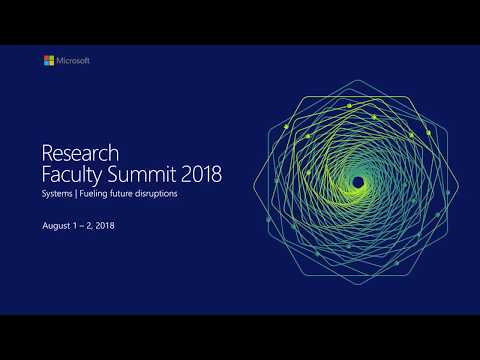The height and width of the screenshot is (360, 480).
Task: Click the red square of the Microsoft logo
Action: click(46, 58)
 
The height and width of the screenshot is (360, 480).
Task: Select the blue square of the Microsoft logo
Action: click(46, 64)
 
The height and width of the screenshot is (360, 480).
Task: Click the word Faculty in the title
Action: click(72, 174)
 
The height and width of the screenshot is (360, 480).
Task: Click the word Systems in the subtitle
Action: click(57, 194)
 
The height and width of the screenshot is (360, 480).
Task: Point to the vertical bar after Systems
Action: click(77, 194)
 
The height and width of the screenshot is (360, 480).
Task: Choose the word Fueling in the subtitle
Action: click(95, 194)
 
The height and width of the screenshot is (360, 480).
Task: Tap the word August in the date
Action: click(56, 226)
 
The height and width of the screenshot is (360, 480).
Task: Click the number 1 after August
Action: click(76, 226)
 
